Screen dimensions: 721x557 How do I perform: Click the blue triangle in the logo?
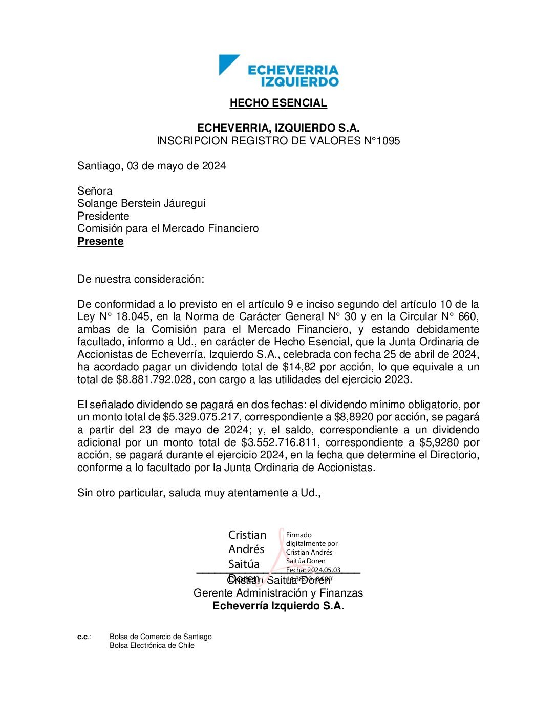[226, 63]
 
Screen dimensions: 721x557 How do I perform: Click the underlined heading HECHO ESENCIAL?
[278, 103]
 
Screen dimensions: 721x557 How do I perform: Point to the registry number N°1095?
[382, 141]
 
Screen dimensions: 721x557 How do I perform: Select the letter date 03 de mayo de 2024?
[177, 166]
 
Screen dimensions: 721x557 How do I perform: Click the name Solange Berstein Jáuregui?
[141, 203]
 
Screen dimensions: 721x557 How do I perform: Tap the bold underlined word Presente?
[100, 241]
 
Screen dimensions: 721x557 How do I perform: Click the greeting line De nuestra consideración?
[141, 279]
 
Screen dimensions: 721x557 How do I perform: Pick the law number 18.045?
[133, 316]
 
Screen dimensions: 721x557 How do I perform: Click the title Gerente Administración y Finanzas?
[278, 593]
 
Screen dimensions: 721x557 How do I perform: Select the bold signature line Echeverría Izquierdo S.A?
[278, 606]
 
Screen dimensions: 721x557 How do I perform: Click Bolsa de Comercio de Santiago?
[160, 637]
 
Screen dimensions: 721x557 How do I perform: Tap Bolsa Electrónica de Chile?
[152, 645]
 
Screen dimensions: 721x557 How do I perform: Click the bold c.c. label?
[84, 637]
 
